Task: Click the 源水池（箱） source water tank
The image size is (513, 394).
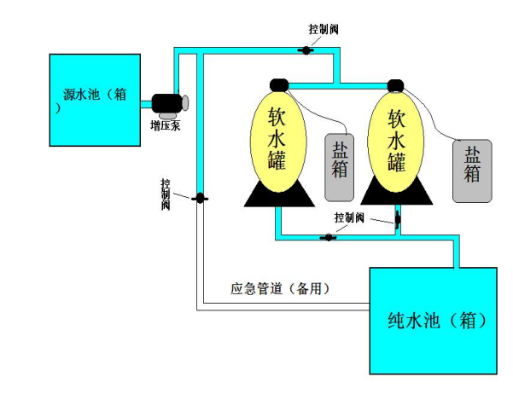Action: [95, 100]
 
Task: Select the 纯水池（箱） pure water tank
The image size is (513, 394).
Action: [433, 321]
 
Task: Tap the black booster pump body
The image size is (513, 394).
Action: [166, 102]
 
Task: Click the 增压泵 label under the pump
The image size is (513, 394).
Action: [166, 125]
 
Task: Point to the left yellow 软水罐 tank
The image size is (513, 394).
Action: [278, 142]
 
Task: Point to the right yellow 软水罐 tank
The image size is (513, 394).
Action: [396, 142]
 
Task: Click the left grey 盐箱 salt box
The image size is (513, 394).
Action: [339, 167]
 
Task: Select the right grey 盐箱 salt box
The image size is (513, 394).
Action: [472, 171]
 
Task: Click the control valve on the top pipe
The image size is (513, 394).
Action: [306, 50]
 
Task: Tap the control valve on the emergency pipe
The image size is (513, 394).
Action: [200, 198]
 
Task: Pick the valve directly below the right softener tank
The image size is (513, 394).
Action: [398, 219]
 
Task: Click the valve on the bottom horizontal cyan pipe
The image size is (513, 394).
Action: [328, 237]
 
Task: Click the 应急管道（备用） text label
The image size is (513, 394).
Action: [280, 289]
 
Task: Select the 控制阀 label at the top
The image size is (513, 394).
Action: [324, 30]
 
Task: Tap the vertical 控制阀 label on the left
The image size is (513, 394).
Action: [166, 194]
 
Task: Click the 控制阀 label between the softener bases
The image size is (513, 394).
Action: [349, 217]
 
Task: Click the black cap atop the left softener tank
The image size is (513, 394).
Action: [279, 85]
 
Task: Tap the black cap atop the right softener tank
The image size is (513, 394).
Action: [395, 86]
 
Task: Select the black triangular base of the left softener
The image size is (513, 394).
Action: [279, 195]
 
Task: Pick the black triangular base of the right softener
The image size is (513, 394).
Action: [397, 192]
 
